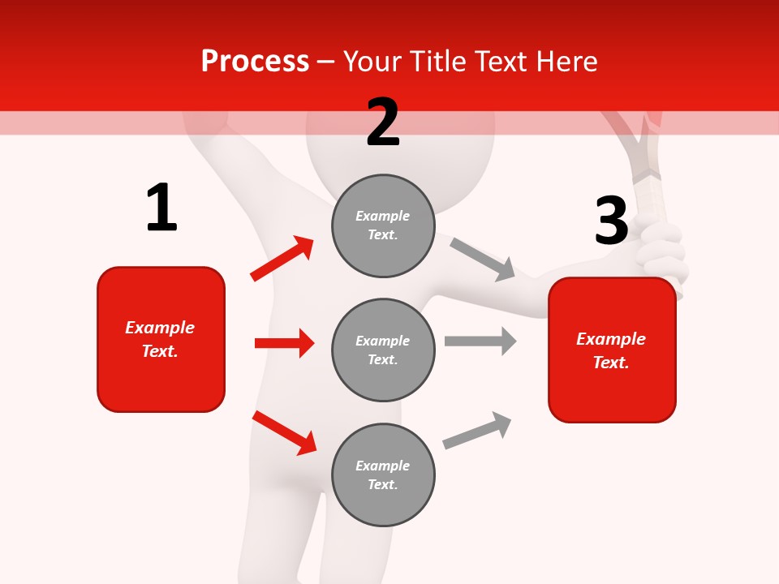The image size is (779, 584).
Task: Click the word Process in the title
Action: [255, 62]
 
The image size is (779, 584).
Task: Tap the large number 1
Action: [161, 208]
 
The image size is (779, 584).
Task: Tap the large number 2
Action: [383, 122]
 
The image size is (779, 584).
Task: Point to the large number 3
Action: [611, 221]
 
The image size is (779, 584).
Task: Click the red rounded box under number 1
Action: [161, 339]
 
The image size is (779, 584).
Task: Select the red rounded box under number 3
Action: [612, 350]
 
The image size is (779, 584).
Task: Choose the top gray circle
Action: [383, 225]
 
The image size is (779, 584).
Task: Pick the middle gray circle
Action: [383, 350]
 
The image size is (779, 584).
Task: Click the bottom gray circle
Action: [383, 474]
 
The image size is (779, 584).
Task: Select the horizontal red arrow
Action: [284, 343]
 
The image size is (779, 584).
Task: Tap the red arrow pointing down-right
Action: [284, 432]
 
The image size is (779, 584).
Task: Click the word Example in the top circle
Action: [382, 216]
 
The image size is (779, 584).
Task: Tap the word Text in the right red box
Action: [610, 363]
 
